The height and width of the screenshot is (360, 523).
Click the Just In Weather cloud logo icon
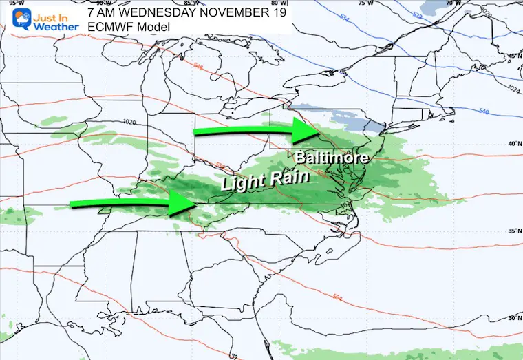[x=14, y=17]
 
